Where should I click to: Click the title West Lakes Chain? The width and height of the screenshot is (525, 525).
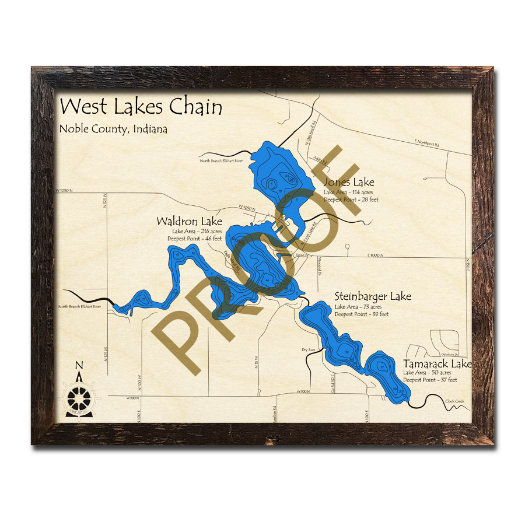tap(141, 107)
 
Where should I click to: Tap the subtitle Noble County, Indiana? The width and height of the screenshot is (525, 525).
tap(113, 129)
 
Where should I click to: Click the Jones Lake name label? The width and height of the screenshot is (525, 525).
tap(349, 183)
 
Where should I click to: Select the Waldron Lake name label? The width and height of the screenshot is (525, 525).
tap(189, 222)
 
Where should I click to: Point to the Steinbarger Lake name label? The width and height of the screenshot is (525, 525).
tap(372, 296)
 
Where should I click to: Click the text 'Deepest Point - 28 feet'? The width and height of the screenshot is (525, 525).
tap(351, 199)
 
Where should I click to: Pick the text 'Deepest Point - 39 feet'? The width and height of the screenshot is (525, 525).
tap(361, 314)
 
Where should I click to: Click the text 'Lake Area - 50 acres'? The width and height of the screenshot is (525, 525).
tap(427, 373)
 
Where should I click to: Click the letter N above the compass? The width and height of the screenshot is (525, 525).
tap(79, 366)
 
